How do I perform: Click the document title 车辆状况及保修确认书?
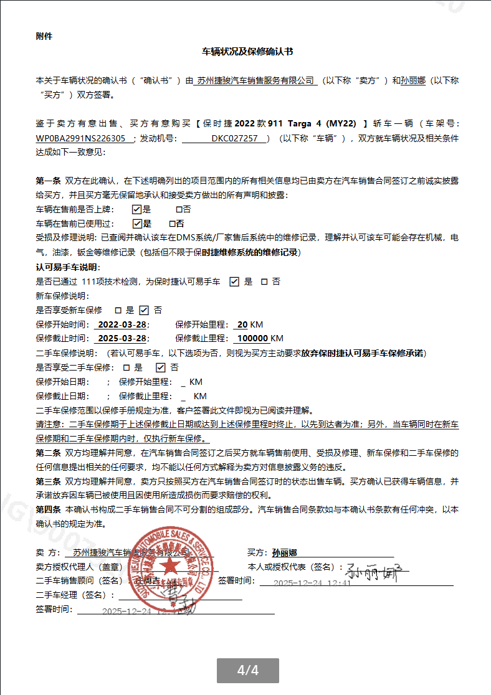[x=247, y=52]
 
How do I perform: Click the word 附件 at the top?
[x=44, y=36]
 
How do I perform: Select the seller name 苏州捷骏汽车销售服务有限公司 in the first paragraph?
[x=255, y=80]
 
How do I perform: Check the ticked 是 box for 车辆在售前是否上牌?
[x=137, y=210]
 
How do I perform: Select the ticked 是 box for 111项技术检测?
[x=234, y=281]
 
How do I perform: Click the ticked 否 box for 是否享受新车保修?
[x=144, y=310]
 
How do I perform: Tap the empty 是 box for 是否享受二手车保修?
[x=126, y=367]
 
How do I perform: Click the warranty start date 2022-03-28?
[x=122, y=324]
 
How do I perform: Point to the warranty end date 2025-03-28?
[x=122, y=339]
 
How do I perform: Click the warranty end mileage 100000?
[x=252, y=339]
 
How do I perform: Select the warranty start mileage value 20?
[x=242, y=324]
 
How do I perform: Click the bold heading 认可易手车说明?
[x=67, y=267]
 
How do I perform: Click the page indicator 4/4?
[x=247, y=671]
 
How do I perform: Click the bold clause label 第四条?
[x=48, y=509]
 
